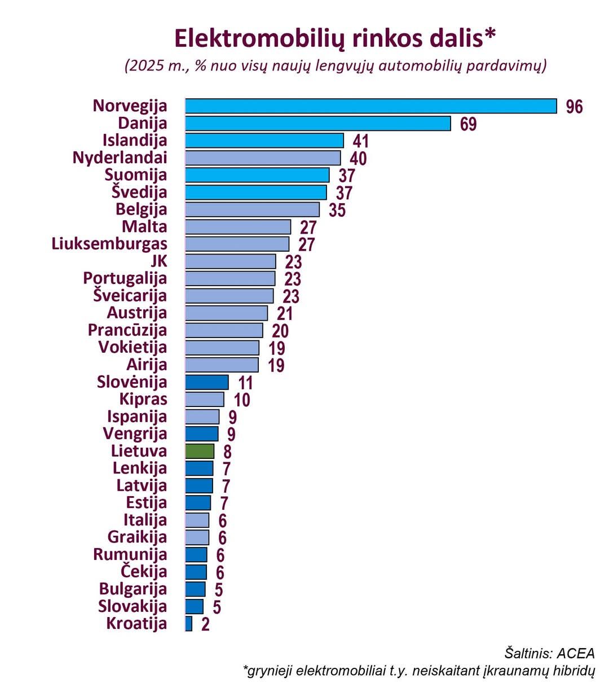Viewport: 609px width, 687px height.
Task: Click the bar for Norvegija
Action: (370, 106)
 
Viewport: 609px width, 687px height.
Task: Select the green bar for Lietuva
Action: (200, 451)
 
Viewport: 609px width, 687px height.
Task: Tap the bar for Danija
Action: (317, 123)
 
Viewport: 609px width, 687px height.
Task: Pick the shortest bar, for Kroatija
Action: (189, 624)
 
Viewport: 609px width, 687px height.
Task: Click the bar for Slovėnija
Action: (207, 382)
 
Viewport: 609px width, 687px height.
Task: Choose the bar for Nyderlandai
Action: (263, 157)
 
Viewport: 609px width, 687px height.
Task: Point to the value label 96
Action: (574, 107)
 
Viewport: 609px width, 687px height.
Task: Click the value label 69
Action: (468, 124)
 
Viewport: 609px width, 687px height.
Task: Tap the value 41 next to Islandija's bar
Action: (361, 141)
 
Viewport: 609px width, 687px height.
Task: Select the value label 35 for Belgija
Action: (337, 210)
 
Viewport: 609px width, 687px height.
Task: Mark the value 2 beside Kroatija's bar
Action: (205, 625)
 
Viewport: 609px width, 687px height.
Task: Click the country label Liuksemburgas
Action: (109, 244)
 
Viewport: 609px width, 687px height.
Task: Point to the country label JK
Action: (158, 261)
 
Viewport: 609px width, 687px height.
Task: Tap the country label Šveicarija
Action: (130, 296)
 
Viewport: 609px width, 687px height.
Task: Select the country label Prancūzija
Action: (127, 330)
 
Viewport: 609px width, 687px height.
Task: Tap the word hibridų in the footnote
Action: (572, 671)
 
